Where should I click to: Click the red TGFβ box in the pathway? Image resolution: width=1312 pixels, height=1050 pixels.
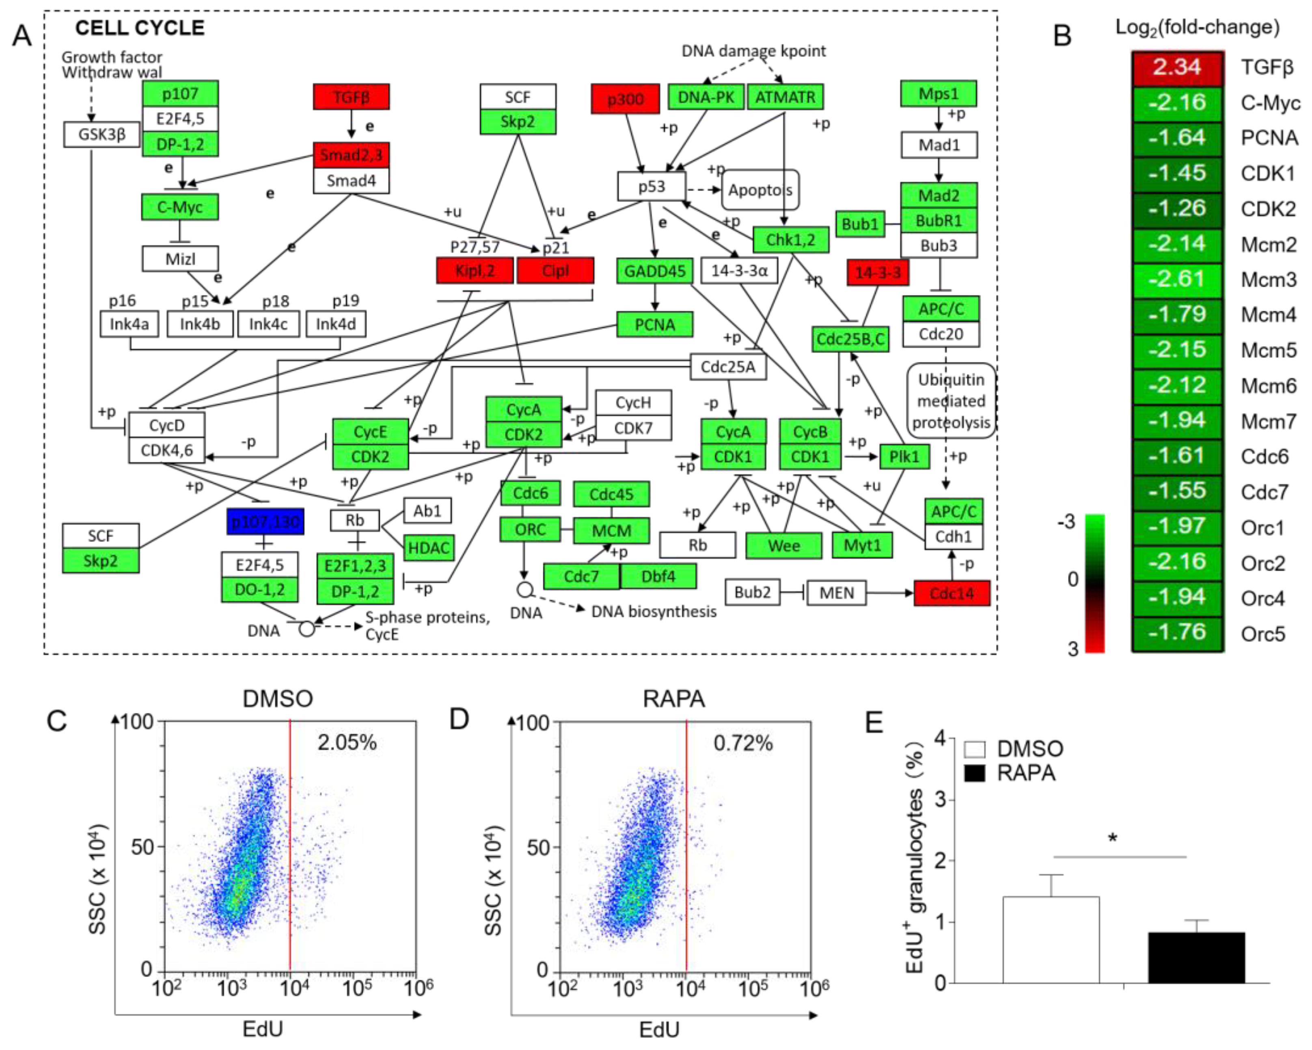coord(351,97)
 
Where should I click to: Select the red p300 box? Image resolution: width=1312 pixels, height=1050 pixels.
coord(625,99)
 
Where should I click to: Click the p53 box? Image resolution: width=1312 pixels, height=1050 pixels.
coord(651,186)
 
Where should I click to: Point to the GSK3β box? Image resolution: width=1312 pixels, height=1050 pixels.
coord(101,134)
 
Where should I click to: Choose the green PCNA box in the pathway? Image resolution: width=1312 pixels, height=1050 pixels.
coord(655,324)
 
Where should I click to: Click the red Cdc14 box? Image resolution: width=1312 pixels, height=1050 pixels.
coord(952,593)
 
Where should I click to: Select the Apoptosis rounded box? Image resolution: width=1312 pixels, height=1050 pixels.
coord(760,190)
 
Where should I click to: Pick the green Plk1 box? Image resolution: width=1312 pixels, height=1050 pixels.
coord(904,456)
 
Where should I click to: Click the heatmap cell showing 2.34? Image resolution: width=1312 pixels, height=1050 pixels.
coord(1177,67)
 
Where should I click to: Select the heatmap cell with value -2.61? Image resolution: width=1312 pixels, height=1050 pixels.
coord(1177,279)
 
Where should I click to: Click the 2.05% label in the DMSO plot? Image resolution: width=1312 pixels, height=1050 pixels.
coord(347,742)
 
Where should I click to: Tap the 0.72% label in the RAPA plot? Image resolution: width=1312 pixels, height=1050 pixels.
coord(743,743)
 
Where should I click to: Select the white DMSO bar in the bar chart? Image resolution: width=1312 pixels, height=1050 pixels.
coord(1051,940)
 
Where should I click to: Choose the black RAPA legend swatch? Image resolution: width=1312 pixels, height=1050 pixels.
coord(975,773)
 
